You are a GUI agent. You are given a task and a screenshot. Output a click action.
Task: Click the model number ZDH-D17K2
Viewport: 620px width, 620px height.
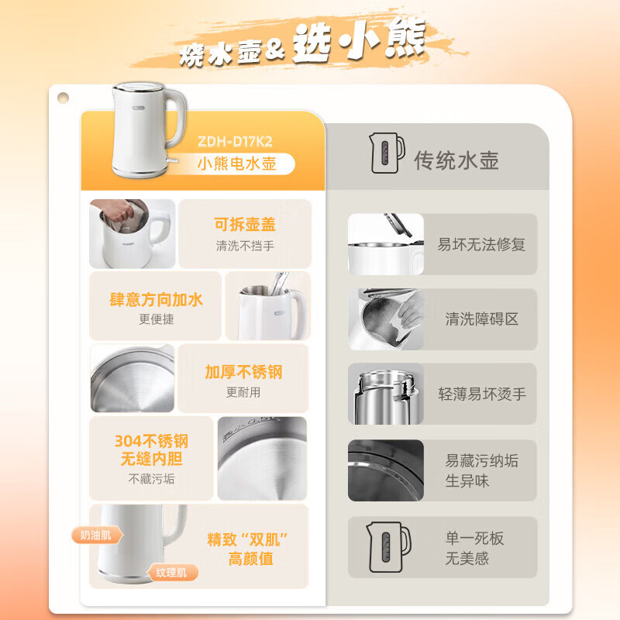coord(235,142)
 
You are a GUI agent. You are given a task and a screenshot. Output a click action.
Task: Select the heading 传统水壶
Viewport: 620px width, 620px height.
coord(456,160)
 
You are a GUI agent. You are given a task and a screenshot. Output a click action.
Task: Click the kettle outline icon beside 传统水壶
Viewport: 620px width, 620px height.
coord(386,153)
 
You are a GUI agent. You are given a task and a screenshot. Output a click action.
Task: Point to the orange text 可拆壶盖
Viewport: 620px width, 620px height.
coord(245,224)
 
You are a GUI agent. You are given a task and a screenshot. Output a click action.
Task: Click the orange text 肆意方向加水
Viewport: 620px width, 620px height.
coord(157,300)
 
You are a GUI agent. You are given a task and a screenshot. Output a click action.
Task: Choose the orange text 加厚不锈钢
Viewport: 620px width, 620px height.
coord(243,372)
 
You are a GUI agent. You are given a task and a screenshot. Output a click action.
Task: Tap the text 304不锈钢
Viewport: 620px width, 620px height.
coord(151,441)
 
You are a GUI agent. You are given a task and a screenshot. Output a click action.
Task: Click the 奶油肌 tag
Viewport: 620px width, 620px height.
coord(97,536)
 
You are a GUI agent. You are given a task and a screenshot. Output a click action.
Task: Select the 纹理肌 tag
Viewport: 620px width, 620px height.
coord(172,572)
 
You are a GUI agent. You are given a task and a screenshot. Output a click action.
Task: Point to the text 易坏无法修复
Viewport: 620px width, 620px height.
coord(481,244)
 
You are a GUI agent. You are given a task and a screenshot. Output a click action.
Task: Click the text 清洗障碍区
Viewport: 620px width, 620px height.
coord(481,319)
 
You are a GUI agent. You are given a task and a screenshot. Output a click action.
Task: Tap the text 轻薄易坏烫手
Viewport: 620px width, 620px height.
coord(482,394)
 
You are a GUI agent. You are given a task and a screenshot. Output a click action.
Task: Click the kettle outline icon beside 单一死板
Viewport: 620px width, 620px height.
coord(388,547)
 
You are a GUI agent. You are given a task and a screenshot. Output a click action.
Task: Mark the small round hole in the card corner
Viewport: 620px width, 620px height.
coord(63,98)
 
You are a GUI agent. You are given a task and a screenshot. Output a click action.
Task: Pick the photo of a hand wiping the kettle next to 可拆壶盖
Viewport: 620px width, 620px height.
coord(132,234)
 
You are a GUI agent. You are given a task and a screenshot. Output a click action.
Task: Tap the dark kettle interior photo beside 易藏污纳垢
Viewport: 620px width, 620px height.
coord(386,470)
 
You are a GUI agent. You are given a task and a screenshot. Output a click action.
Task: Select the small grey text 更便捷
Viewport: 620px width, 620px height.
coord(157,319)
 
